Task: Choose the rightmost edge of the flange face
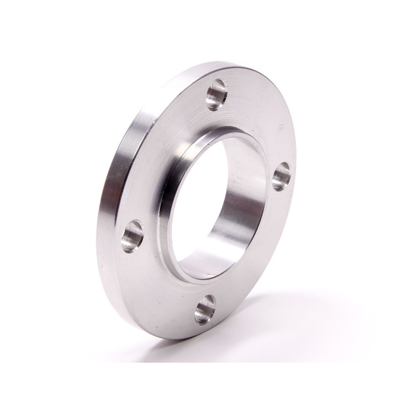[x=296, y=166]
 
